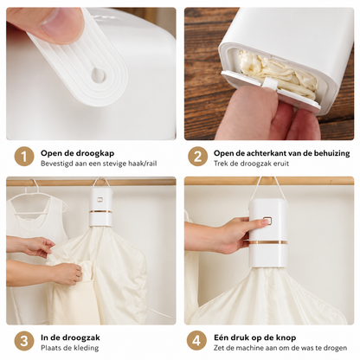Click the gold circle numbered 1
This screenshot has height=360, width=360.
point(24,157)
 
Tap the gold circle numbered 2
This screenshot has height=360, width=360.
point(197,157)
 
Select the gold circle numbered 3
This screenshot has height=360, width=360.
point(24,341)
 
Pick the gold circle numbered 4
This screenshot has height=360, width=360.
point(196,341)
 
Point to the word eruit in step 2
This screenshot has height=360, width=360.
point(281,164)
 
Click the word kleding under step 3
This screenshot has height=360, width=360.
point(86,348)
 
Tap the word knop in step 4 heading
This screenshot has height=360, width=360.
point(286,337)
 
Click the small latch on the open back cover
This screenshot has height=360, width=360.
point(270,83)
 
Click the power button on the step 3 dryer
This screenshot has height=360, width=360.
point(100,200)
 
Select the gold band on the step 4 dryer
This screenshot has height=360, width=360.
point(268,242)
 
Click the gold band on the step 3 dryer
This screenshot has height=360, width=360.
point(100,212)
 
